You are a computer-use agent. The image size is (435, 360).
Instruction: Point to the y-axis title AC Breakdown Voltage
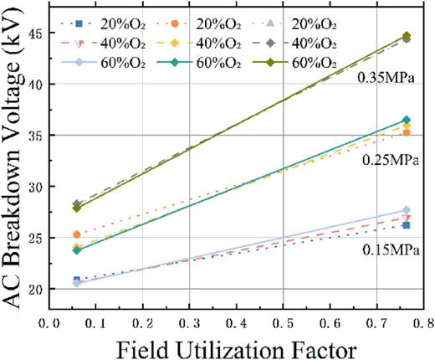point(15,159)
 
